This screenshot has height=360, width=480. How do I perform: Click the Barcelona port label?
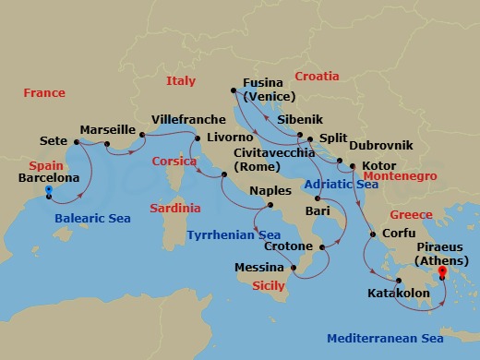pos(48,178)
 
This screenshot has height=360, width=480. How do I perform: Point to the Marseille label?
pos(108,129)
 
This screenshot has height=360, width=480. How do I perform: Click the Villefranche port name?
pos(188,120)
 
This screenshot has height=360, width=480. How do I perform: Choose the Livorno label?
pos(230,138)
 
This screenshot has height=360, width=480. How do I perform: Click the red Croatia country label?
pos(317,76)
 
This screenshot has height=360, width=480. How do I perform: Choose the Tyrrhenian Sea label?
pos(234,235)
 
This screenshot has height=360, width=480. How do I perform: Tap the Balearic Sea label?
pos(92,219)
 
